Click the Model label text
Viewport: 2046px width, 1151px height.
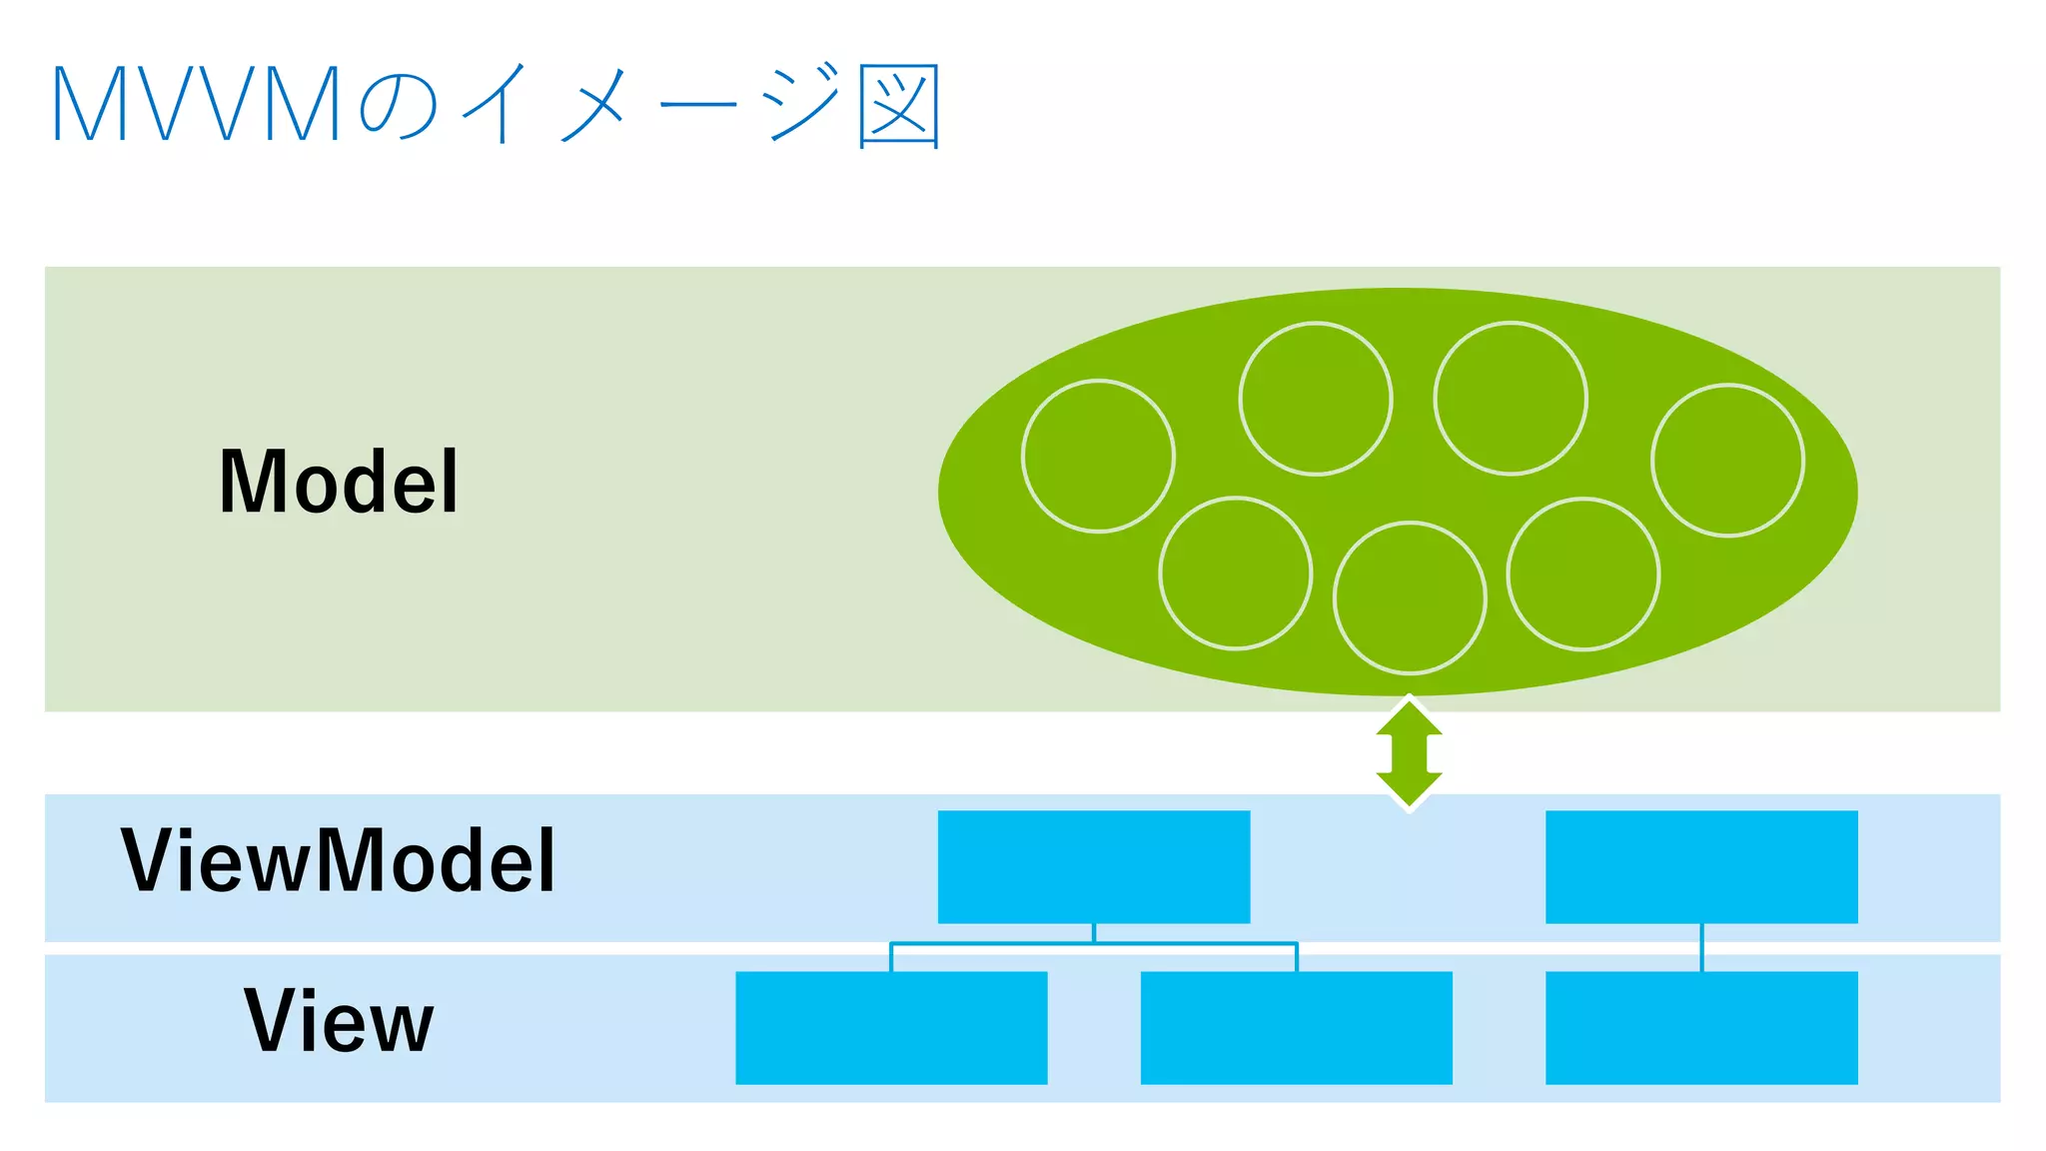339,483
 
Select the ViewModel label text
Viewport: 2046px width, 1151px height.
338,860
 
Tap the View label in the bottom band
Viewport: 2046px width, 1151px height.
339,1020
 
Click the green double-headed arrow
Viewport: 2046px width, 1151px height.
1409,753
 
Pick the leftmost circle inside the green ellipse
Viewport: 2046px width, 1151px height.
1098,457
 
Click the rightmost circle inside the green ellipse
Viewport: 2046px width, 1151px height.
1727,461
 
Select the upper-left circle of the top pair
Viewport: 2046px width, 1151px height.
1315,399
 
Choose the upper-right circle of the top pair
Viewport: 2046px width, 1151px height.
1510,399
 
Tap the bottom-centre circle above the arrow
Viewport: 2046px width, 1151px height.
1410,598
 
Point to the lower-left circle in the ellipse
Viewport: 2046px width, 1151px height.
1235,574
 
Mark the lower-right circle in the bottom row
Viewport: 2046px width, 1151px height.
1582,575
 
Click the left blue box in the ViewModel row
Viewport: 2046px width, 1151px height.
1094,866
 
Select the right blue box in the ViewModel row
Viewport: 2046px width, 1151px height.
1701,866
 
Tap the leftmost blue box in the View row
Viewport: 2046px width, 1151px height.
891,1027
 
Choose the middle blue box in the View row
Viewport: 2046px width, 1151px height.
1296,1027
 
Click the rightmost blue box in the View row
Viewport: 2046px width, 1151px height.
1701,1027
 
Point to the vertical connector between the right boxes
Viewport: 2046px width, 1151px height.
1701,947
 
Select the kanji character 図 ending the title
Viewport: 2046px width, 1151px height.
899,106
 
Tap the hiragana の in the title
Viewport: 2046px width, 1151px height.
398,106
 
